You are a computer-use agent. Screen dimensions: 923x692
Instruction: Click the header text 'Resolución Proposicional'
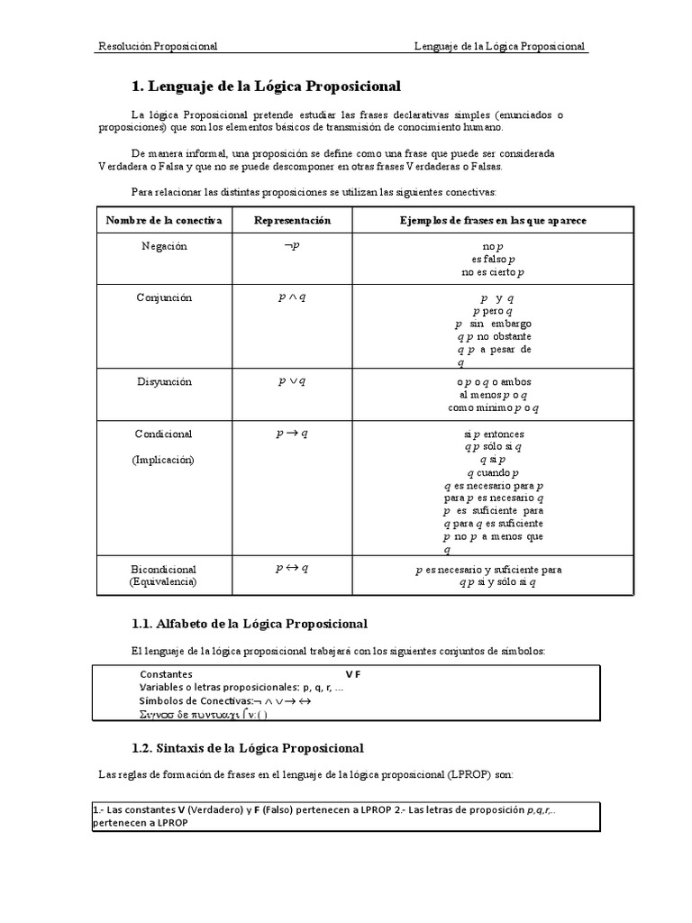pyautogui.click(x=158, y=46)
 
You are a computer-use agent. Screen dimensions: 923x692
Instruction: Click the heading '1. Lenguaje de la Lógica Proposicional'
pyautogui.click(x=266, y=87)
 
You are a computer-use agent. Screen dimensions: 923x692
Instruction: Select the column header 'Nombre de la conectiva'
pyautogui.click(x=163, y=221)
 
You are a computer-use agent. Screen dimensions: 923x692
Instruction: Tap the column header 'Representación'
pyautogui.click(x=292, y=221)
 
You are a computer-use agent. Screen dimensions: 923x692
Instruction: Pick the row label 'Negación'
pyautogui.click(x=164, y=247)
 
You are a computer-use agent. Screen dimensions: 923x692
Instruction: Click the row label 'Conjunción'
pyautogui.click(x=164, y=297)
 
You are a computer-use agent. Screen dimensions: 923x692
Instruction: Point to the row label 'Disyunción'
pyautogui.click(x=164, y=381)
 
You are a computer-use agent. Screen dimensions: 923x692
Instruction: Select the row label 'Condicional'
pyautogui.click(x=164, y=434)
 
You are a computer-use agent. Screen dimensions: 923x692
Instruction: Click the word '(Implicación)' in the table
pyautogui.click(x=163, y=459)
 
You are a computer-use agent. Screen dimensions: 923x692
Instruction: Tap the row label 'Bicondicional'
pyautogui.click(x=164, y=570)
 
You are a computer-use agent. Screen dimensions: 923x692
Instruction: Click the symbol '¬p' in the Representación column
pyautogui.click(x=292, y=246)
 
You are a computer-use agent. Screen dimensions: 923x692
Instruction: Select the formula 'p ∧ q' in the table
pyautogui.click(x=292, y=297)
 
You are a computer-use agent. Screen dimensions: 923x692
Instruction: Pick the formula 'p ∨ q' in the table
pyautogui.click(x=292, y=381)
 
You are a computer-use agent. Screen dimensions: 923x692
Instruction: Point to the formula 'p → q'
pyautogui.click(x=292, y=434)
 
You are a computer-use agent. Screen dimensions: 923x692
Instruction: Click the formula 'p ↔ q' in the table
pyautogui.click(x=292, y=569)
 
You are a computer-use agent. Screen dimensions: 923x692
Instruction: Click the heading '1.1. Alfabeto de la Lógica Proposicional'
pyautogui.click(x=250, y=624)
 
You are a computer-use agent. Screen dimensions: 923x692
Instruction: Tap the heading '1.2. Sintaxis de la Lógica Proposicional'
pyautogui.click(x=248, y=748)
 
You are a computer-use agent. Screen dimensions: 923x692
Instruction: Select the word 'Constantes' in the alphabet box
pyautogui.click(x=166, y=674)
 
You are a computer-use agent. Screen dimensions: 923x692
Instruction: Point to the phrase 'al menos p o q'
pyautogui.click(x=493, y=395)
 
